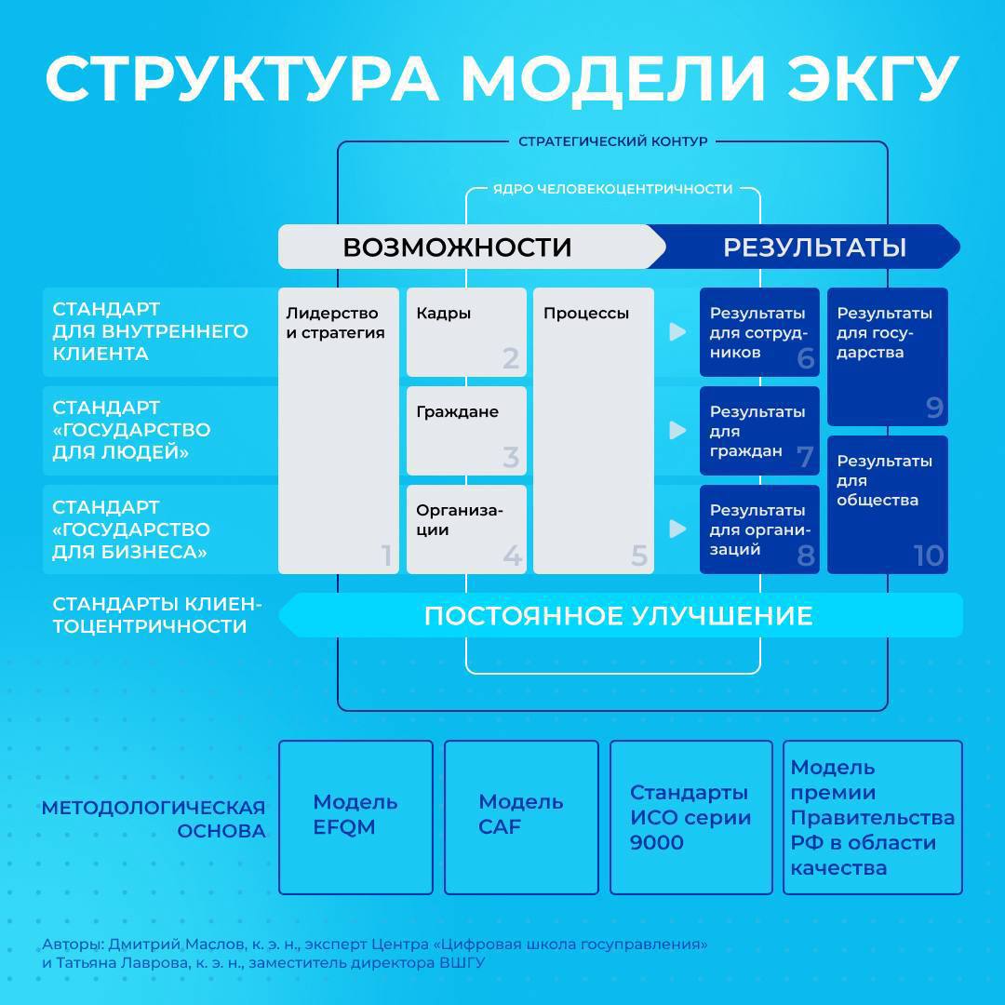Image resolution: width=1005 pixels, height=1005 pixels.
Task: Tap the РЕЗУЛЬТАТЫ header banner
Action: pos(805,247)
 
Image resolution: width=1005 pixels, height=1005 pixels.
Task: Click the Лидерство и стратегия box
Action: pos(339,431)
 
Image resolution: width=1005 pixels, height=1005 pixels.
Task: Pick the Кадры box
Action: pos(466,332)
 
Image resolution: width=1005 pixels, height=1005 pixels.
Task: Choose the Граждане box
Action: pos(466,431)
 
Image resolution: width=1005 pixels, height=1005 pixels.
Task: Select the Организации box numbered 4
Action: pos(466,529)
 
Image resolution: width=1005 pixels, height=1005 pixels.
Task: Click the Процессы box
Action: pos(594,431)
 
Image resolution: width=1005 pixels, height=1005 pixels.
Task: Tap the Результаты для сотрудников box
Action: pos(759,332)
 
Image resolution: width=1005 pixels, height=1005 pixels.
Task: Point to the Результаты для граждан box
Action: pos(759,431)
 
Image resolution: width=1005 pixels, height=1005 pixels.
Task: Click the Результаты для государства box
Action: pos(888,356)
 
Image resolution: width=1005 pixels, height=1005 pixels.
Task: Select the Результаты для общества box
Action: pos(888,504)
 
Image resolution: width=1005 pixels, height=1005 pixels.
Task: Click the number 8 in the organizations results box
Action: pos(806,556)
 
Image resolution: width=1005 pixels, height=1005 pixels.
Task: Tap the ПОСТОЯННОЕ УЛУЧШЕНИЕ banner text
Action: pos(619,616)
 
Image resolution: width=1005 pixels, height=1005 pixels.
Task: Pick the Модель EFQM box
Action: pos(355,817)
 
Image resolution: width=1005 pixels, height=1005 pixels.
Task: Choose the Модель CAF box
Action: pos(521,817)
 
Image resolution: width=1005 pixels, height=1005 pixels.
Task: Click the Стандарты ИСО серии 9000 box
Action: pos(690,817)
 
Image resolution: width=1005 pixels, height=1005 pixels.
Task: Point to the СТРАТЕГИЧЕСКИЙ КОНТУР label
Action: pos(612,141)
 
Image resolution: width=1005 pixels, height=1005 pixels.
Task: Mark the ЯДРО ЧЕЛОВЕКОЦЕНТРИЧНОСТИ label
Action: pos(612,189)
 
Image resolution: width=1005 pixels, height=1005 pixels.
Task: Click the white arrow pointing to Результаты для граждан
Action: pos(677,430)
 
